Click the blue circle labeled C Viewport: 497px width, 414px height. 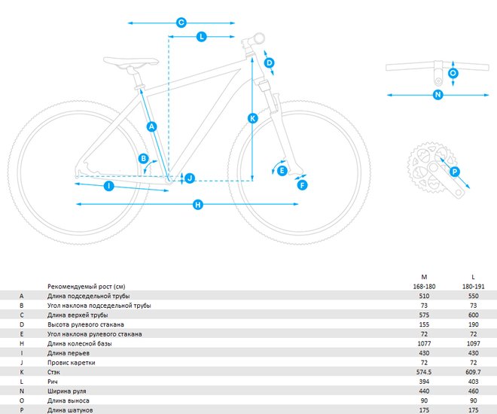pyautogui.click(x=181, y=23)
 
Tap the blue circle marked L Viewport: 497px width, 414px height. pyautogui.click(x=202, y=37)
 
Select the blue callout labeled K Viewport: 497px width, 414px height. pyautogui.click(x=252, y=118)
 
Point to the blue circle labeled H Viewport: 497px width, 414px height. pyautogui.click(x=198, y=205)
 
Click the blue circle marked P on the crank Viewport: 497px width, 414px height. pyautogui.click(x=455, y=172)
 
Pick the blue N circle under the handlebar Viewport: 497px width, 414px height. pyautogui.click(x=438, y=95)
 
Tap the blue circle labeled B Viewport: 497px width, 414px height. pyautogui.click(x=143, y=158)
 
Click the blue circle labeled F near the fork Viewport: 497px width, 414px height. pyautogui.click(x=303, y=185)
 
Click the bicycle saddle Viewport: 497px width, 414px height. pyautogui.click(x=131, y=62)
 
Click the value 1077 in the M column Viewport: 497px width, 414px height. pyautogui.click(x=424, y=344)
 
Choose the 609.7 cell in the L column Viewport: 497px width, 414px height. pyautogui.click(x=473, y=372)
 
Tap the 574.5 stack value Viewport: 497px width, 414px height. pyautogui.click(x=424, y=372)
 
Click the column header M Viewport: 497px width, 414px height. pyautogui.click(x=424, y=277)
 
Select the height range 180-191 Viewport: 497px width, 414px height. pyautogui.click(x=473, y=287)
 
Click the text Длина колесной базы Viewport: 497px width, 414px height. pyautogui.click(x=80, y=344)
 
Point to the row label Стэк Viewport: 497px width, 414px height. pyautogui.click(x=53, y=372)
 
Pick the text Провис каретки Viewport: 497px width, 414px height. pyautogui.click(x=72, y=363)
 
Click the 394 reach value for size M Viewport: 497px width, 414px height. pyautogui.click(x=424, y=382)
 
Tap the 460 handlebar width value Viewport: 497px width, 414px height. pyautogui.click(x=473, y=391)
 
